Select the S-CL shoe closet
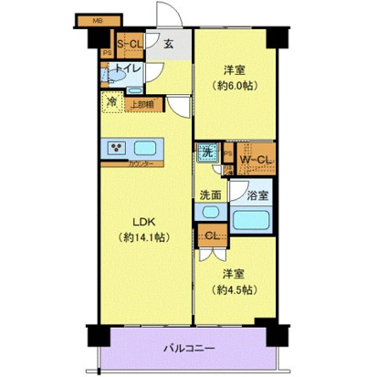(127, 41)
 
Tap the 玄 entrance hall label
(170, 42)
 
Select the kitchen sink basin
(146, 147)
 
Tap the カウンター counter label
(140, 164)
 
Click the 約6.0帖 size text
(236, 88)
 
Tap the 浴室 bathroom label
(258, 194)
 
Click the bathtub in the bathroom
(253, 219)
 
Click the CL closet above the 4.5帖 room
(210, 236)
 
